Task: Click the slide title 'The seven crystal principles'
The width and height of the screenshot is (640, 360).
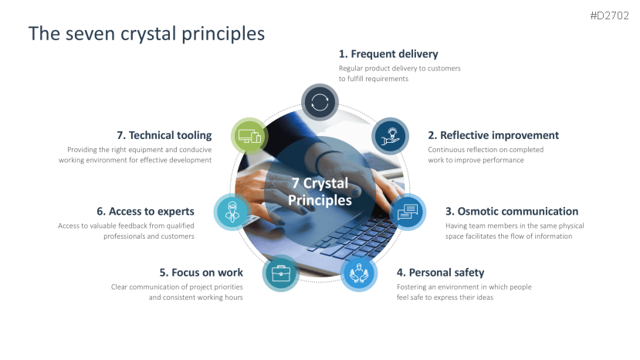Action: click(x=146, y=34)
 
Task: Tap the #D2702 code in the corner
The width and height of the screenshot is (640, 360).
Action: click(x=609, y=15)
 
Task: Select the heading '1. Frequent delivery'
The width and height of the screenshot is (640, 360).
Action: click(x=388, y=54)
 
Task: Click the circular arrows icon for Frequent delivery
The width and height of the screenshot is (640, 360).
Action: click(x=320, y=102)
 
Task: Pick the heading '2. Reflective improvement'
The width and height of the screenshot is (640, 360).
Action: click(x=493, y=135)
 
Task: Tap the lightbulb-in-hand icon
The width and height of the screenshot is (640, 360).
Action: click(x=390, y=137)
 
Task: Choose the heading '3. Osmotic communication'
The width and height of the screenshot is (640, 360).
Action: click(x=511, y=211)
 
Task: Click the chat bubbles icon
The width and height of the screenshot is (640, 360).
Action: click(x=408, y=212)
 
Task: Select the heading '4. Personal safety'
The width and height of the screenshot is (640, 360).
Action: click(x=440, y=273)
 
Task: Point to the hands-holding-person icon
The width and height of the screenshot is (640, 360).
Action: click(x=359, y=273)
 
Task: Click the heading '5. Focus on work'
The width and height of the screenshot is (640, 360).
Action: click(x=201, y=273)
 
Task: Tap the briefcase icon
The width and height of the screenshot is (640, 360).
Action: click(x=281, y=273)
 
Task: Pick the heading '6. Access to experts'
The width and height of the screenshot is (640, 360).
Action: click(x=145, y=211)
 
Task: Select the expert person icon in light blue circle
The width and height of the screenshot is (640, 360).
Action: click(x=232, y=212)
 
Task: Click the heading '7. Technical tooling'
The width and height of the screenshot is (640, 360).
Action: click(x=164, y=135)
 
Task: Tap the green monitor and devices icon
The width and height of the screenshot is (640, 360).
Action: click(x=249, y=137)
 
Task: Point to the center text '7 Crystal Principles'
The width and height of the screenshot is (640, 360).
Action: click(x=320, y=192)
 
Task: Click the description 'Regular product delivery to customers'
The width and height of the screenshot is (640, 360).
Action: click(x=400, y=68)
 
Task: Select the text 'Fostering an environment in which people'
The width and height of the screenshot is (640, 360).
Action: click(x=464, y=287)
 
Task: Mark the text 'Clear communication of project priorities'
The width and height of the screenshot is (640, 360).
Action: click(x=177, y=287)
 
